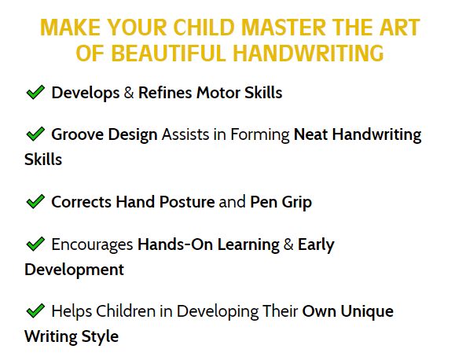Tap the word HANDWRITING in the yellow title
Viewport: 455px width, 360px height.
(308, 53)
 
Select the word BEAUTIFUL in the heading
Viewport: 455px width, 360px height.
(169, 53)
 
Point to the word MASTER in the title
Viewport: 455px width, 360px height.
(284, 28)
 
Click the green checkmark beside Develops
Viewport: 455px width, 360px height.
(35, 92)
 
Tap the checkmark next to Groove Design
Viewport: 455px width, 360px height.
(35, 134)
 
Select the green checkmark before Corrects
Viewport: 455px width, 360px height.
(35, 201)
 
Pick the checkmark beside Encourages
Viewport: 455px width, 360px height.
(35, 244)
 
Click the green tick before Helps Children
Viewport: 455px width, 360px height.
(35, 310)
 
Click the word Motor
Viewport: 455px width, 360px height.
(218, 93)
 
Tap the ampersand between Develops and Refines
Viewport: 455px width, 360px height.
(129, 93)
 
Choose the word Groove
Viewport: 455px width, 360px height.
(78, 134)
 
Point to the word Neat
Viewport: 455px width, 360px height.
(310, 134)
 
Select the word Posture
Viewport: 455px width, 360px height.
(187, 202)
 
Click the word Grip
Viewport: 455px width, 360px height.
(297, 202)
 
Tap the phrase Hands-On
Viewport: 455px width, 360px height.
(175, 244)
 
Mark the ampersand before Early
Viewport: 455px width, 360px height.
(288, 244)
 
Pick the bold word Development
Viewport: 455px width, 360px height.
(75, 270)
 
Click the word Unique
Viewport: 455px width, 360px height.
(367, 311)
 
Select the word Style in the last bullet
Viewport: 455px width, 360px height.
(100, 336)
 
